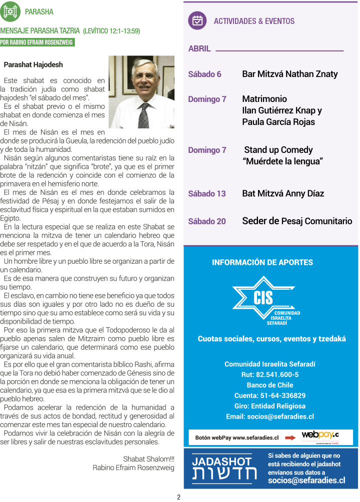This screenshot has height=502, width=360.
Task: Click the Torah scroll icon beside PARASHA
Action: click(x=10, y=11)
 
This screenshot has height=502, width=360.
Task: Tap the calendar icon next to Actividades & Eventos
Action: click(x=197, y=20)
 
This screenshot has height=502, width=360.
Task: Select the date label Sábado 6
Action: click(x=204, y=74)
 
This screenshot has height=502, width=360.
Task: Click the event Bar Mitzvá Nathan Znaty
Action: click(x=289, y=74)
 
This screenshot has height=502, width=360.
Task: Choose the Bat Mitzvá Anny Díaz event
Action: click(x=283, y=193)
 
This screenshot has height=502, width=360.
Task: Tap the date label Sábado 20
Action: click(x=206, y=221)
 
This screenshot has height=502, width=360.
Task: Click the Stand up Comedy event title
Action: click(x=278, y=150)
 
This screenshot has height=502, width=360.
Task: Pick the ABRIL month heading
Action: click(x=199, y=49)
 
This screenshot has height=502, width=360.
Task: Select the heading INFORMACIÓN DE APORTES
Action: click(x=262, y=262)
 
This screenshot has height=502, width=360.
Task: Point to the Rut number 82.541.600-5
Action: click(x=270, y=375)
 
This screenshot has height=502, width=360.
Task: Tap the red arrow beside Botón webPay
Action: click(x=290, y=438)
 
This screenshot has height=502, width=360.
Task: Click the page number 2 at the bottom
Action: click(x=178, y=497)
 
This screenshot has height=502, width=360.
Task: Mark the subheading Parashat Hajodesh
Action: click(x=33, y=65)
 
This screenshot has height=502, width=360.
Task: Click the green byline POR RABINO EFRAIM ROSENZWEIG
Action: click(x=37, y=42)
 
